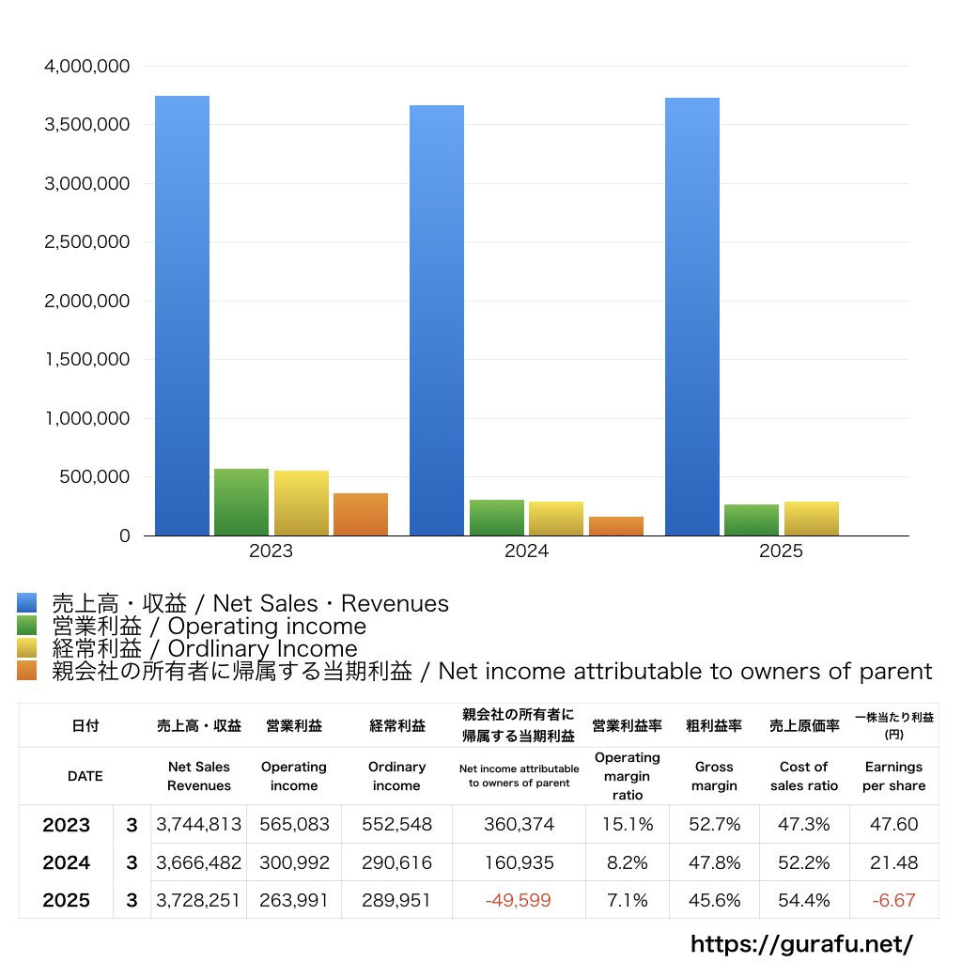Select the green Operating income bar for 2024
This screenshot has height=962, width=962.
pos(497,518)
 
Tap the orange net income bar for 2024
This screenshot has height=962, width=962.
pos(616,526)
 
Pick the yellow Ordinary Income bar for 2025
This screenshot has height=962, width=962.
pos(812,519)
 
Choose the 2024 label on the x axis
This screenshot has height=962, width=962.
pos(526,551)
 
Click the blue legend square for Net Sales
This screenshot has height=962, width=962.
pos(26,603)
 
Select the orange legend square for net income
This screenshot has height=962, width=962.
pos(26,671)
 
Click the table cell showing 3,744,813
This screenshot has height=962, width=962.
pos(199,825)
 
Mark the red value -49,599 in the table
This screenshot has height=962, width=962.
pos(518,900)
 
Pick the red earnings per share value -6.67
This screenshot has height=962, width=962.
pos(892,900)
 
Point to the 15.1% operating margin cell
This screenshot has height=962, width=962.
pos(627,825)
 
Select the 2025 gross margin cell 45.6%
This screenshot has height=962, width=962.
pos(714,900)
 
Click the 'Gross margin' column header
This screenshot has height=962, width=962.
pos(714,776)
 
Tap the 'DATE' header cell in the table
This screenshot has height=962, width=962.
pos(85,776)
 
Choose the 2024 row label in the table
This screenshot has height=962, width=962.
pos(67,862)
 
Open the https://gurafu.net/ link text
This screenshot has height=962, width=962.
pos(801,943)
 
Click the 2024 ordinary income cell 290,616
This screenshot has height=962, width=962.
pos(396,862)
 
